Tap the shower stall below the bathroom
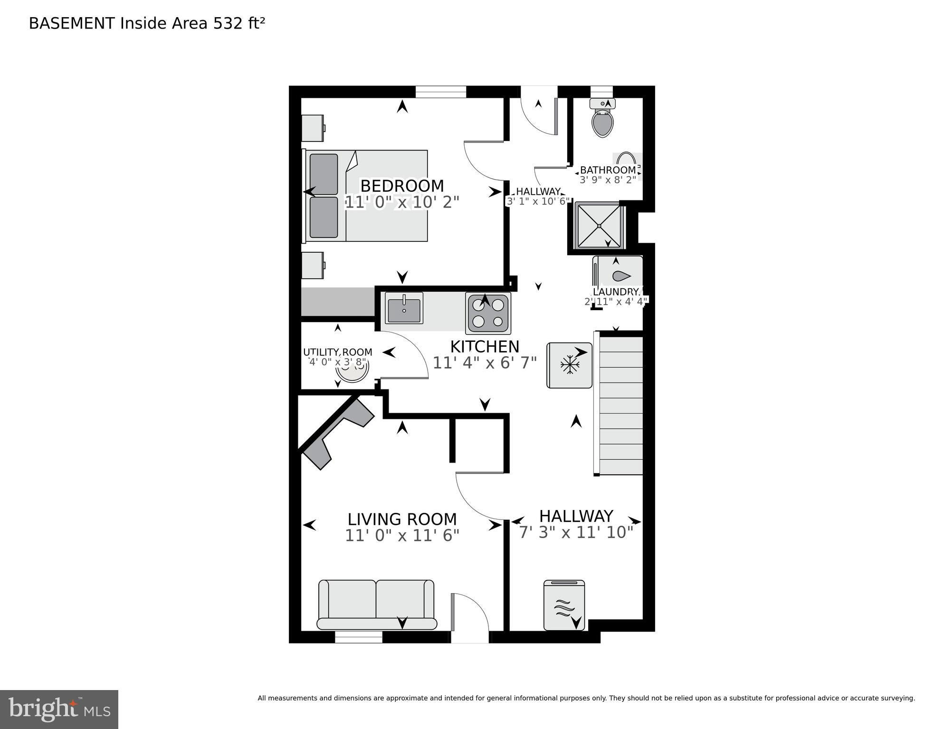pos(598,225)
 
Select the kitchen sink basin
pos(404,308)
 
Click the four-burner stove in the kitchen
pos(488,312)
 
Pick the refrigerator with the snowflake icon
pos(569,365)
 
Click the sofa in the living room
pos(376,605)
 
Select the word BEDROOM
pos(402,185)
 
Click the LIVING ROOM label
pos(402,519)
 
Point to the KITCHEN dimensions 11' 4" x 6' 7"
pos(485,363)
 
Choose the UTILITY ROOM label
pos(338,352)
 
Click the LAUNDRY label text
pos(616,292)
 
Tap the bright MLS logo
pos(59,710)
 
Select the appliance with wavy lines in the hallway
pos(564,605)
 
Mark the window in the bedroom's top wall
pos(441,92)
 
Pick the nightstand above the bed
pos(313,128)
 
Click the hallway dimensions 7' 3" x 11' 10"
pos(576,532)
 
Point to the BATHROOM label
pos(608,170)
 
